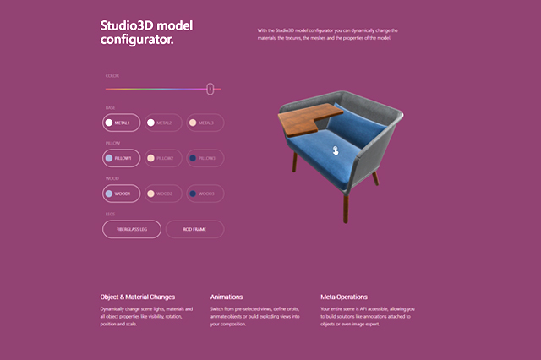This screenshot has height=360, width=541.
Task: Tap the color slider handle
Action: [210, 88]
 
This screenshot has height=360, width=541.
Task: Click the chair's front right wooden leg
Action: [344, 203]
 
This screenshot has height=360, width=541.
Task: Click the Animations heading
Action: [227, 297]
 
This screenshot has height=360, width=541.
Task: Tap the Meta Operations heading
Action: [344, 297]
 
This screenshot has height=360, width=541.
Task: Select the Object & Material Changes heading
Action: [138, 297]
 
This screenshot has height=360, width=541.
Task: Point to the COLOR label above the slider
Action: [112, 76]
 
